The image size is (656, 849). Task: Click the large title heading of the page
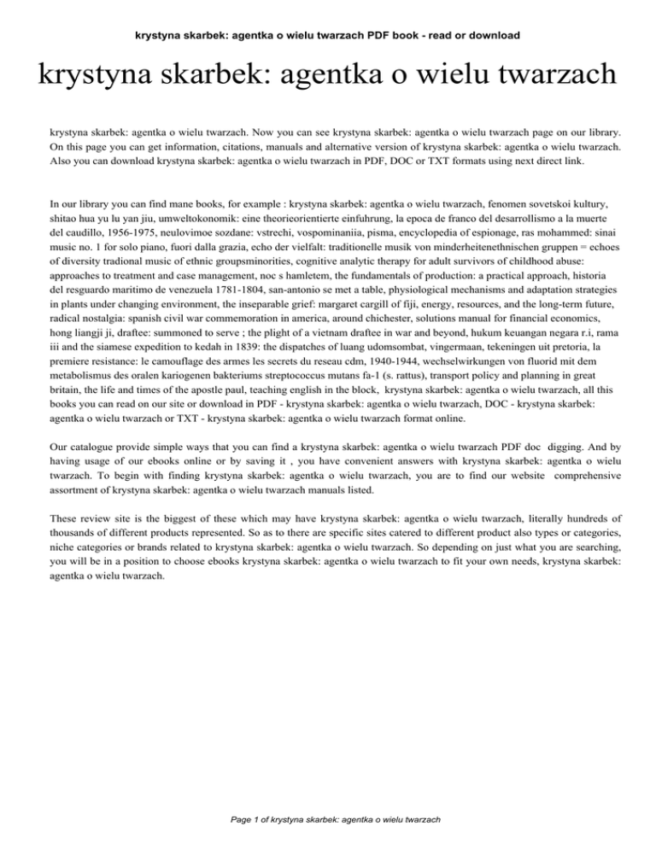pyautogui.click(x=327, y=79)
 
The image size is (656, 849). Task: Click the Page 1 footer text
pyautogui.click(x=327, y=819)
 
